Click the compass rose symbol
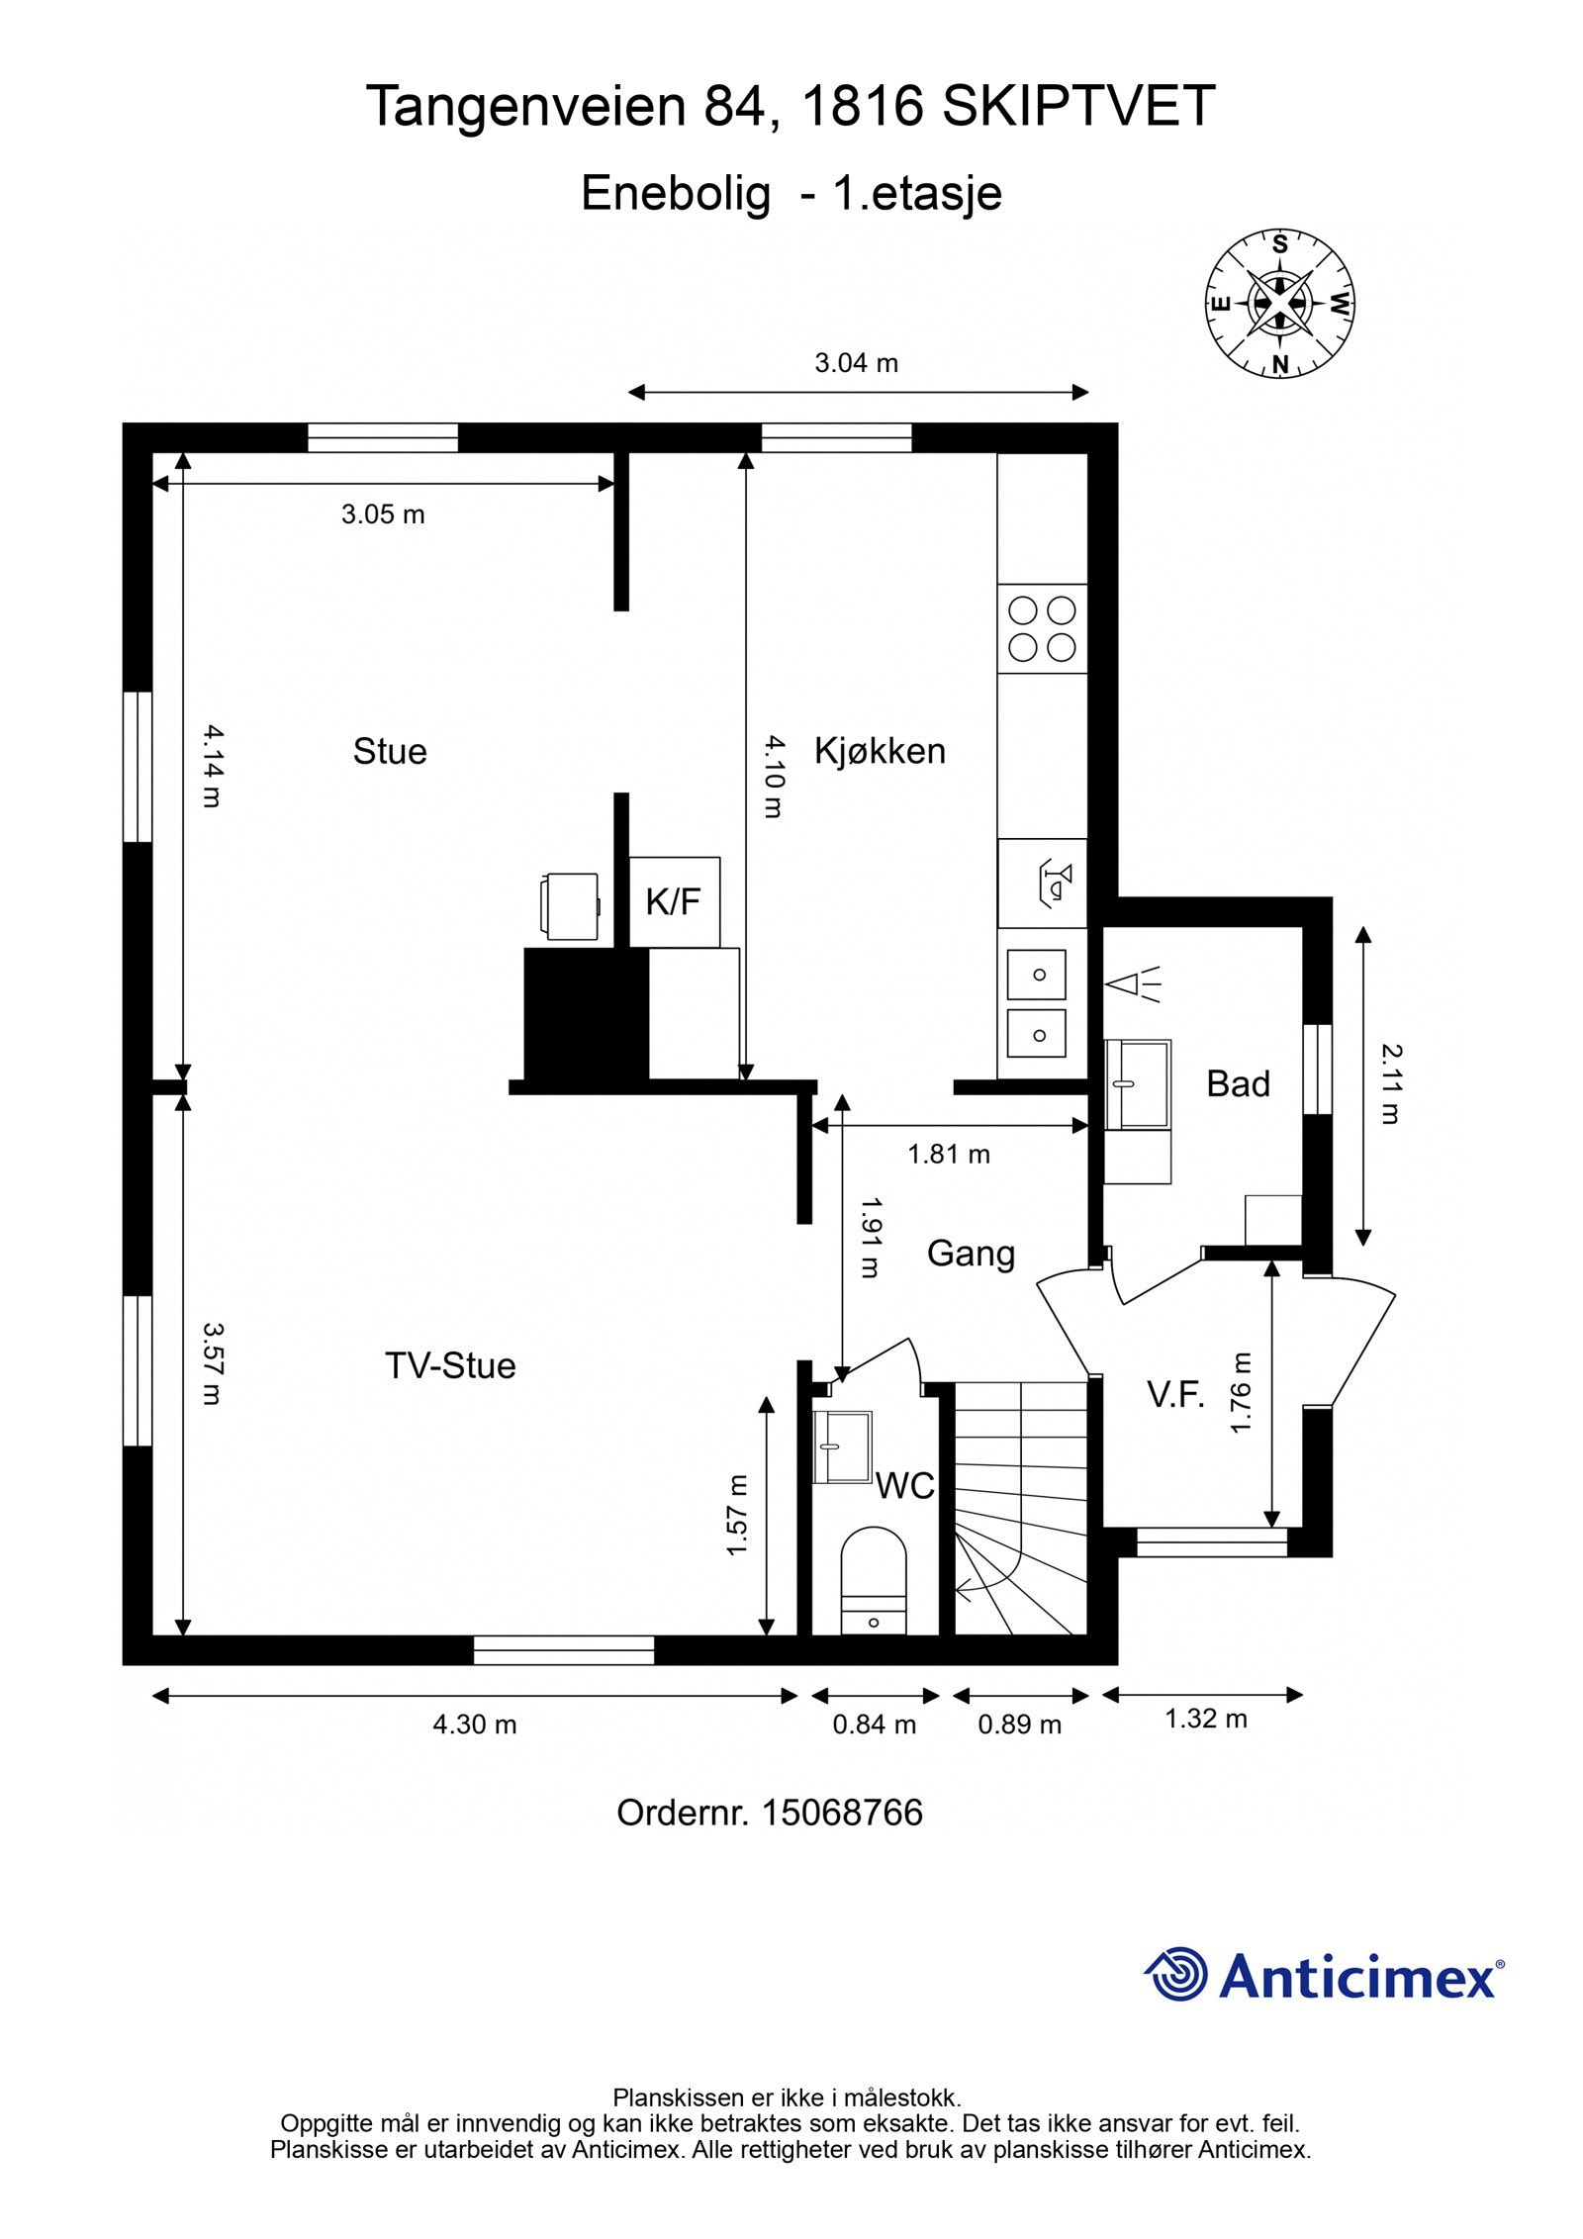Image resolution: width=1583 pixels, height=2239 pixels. [x=1279, y=304]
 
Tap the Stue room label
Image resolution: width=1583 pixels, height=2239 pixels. [x=390, y=752]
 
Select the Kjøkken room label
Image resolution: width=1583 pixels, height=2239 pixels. [x=880, y=752]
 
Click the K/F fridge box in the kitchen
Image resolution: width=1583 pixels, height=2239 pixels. [x=674, y=901]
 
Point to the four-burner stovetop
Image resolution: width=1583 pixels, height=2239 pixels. [x=1042, y=629]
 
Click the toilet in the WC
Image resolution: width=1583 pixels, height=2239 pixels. [x=874, y=1581]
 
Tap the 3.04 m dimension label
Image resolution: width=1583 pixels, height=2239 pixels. [x=856, y=363]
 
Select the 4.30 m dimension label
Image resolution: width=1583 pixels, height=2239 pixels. [x=475, y=1725]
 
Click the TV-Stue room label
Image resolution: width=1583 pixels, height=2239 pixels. [x=450, y=1366]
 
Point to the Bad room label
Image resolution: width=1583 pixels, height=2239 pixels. [x=1238, y=1084]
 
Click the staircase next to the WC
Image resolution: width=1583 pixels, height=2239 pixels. [x=1020, y=1509]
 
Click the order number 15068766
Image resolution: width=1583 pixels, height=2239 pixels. [x=841, y=1813]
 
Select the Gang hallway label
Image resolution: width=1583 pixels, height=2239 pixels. [x=971, y=1255]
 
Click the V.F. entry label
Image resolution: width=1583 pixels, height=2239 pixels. [x=1175, y=1395]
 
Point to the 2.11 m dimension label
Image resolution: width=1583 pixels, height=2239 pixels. [x=1390, y=1084]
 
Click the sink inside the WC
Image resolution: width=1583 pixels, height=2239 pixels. [x=842, y=1447]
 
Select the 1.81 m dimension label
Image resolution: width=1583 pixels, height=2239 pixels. [x=949, y=1155]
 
